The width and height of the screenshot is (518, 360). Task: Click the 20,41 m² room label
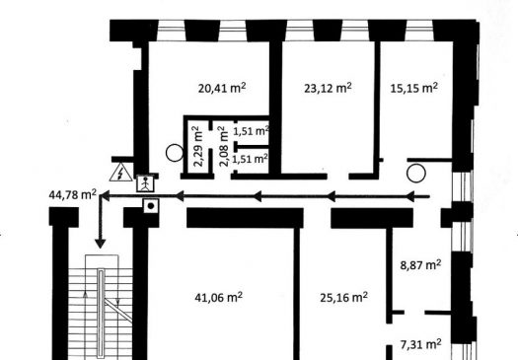(222, 88)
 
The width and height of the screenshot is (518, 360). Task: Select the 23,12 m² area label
(328, 88)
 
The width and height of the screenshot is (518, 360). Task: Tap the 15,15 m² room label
(414, 88)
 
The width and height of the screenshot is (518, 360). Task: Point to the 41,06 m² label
(219, 297)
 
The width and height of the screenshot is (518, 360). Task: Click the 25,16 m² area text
(344, 297)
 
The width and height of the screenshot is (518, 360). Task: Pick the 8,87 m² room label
(420, 265)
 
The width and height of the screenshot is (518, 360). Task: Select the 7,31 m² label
(420, 344)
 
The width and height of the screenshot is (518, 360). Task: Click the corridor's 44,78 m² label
(73, 194)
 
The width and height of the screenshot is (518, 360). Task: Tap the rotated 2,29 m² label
(197, 146)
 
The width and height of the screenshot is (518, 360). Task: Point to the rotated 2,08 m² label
(224, 146)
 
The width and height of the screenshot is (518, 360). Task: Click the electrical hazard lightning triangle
(121, 172)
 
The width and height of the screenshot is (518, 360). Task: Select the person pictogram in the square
(145, 183)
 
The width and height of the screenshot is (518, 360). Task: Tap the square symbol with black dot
(151, 206)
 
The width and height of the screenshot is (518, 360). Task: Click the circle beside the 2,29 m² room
(175, 153)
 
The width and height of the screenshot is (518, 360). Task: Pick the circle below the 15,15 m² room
(416, 173)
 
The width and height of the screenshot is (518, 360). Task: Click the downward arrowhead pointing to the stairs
(100, 244)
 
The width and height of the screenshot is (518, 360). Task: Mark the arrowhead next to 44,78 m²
(105, 196)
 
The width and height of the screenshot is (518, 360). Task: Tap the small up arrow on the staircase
(85, 294)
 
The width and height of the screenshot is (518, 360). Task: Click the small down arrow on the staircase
(118, 301)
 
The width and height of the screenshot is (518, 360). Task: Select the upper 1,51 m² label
(251, 131)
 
